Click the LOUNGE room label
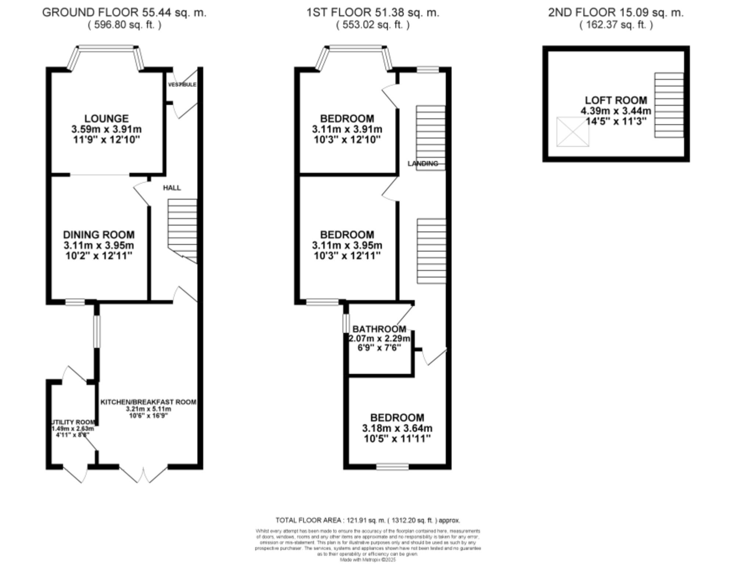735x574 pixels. (106, 119)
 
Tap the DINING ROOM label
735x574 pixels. (98, 235)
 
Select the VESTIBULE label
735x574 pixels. (182, 84)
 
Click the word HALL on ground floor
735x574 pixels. (172, 188)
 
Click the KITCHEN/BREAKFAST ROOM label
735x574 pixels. (148, 402)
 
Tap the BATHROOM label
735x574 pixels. (379, 329)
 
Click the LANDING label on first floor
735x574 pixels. (423, 163)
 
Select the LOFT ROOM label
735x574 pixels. (616, 100)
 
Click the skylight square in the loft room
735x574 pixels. (572, 132)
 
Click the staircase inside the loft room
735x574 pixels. (668, 105)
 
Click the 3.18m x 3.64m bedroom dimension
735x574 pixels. (397, 428)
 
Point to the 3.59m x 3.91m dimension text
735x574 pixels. (106, 129)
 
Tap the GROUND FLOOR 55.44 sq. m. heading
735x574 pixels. (124, 12)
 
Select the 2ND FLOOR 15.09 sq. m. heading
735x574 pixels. (616, 12)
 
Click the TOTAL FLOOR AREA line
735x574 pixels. (367, 520)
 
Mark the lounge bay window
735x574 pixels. (107, 47)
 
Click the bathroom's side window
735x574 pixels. (346, 323)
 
